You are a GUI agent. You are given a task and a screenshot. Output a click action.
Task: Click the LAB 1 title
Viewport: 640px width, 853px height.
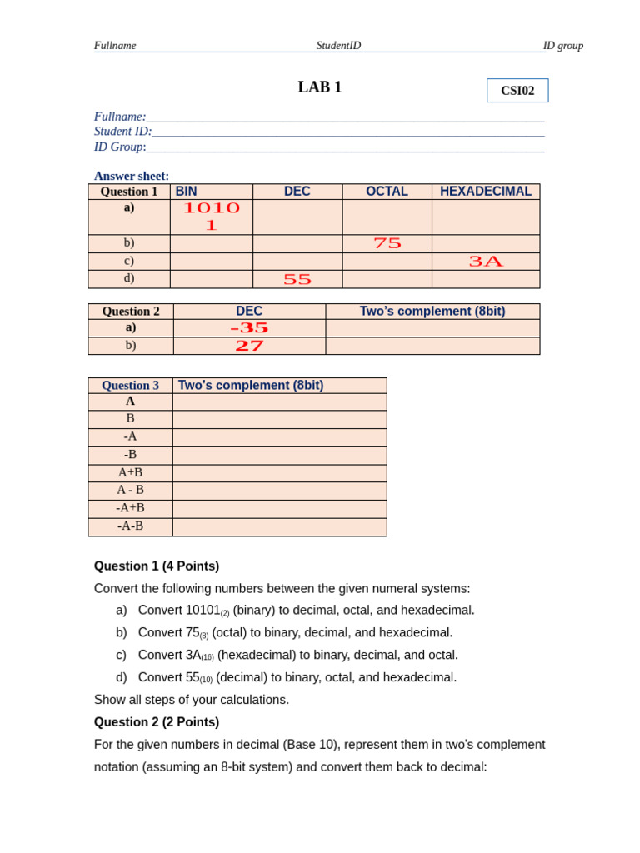coord(320,87)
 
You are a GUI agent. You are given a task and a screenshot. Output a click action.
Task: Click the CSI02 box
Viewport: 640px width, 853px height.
coord(517,91)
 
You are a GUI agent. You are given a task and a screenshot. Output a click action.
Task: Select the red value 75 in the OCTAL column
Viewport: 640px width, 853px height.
coord(387,243)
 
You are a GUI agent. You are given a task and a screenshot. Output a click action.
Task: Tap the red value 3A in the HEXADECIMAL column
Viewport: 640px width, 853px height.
coord(486,262)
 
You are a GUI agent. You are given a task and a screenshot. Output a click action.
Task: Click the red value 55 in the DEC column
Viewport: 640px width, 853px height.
coord(297,280)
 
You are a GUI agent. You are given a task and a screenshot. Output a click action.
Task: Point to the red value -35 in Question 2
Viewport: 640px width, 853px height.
coord(249,328)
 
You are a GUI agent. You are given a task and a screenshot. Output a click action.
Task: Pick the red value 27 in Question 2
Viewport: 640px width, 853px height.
coord(249,346)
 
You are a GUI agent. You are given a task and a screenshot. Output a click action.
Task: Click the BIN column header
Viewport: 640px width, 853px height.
coord(187,192)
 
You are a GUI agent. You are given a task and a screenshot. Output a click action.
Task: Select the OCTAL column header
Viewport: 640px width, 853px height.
coord(387,192)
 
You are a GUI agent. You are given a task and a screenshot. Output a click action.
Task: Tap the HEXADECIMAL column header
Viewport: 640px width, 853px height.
coord(486,192)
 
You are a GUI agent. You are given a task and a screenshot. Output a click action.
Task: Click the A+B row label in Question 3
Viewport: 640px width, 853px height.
coord(130,473)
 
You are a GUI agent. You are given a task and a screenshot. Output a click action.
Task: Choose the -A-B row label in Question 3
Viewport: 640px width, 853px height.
coord(130,526)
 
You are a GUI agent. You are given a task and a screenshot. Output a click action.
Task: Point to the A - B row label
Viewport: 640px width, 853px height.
coord(130,491)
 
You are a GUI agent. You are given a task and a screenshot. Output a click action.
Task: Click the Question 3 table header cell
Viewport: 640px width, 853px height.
coord(130,386)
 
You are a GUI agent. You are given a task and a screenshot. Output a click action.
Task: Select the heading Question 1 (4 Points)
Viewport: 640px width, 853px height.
coord(157,566)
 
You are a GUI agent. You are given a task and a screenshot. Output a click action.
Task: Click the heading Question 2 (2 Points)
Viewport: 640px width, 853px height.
coord(157,722)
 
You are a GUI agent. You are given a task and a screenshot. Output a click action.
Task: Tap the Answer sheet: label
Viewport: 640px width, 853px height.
coord(132,176)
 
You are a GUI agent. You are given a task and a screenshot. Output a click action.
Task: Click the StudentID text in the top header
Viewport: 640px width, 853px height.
coord(338,46)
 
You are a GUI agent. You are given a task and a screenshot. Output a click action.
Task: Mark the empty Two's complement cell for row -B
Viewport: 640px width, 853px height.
coord(279,456)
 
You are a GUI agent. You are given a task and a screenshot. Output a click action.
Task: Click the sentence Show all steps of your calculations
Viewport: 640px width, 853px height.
coord(192,700)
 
